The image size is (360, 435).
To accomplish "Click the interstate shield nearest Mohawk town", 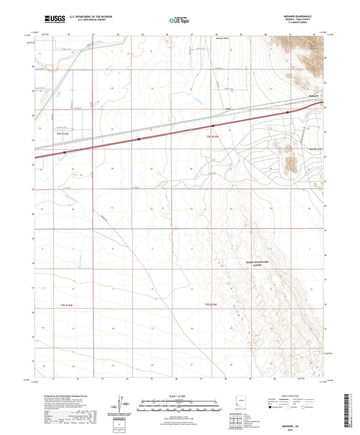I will click(x=288, y=113).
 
